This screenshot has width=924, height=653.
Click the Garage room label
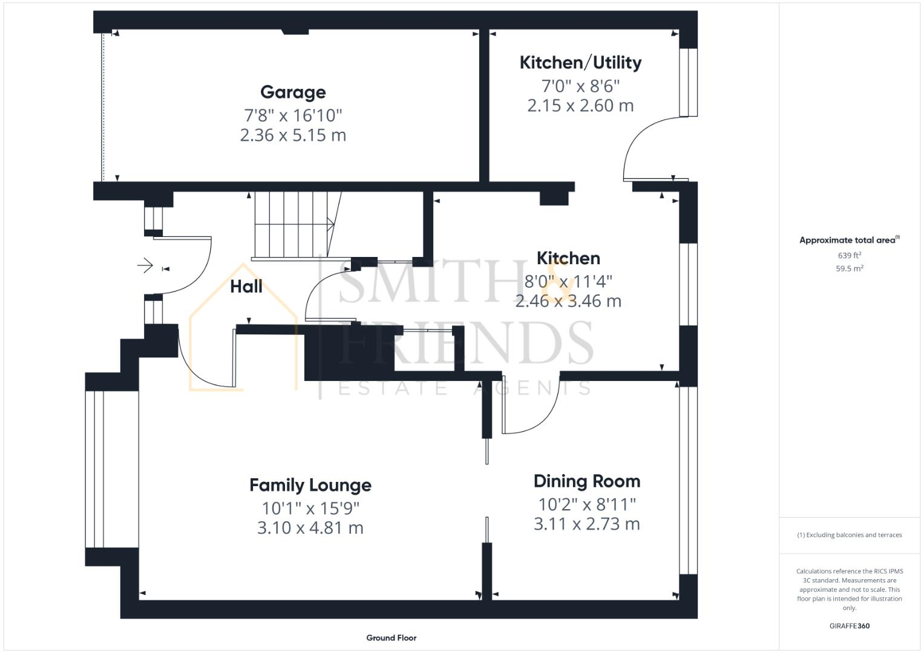[293, 93]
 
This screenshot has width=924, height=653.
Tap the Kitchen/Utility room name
[580, 63]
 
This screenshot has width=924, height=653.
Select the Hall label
[246, 287]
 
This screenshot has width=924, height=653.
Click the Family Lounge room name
[310, 486]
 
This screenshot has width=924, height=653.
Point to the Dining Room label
[586, 482]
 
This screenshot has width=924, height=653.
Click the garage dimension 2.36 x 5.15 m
[293, 135]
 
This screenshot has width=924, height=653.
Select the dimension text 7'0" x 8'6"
[580, 86]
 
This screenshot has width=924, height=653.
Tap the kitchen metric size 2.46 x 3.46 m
[568, 301]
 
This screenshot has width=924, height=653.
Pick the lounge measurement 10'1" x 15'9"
[310, 508]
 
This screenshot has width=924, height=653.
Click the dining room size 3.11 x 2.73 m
[586, 524]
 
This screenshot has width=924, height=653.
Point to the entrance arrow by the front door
[145, 265]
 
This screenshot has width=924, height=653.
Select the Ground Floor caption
[391, 638]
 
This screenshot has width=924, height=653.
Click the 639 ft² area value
[849, 256]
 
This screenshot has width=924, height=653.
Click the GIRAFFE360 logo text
[849, 626]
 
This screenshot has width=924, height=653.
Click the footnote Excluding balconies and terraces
[849, 535]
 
